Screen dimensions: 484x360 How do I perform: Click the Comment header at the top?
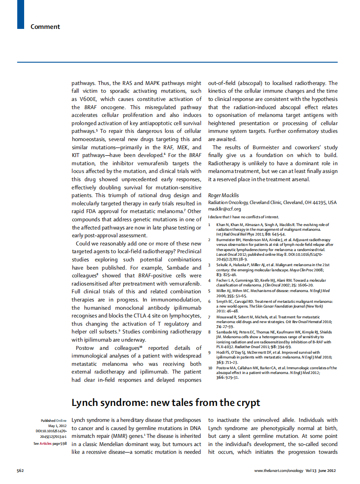tap(45, 27)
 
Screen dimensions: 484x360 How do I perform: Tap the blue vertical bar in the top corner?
tap(20, 14)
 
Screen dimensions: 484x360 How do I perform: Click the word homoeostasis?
tap(93, 139)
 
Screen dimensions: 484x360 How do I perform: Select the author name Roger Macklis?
tap(223, 195)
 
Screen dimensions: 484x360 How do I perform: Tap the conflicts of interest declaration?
tap(243, 217)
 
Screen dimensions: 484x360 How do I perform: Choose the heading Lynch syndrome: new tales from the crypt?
tap(166, 402)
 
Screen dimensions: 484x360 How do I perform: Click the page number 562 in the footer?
tap(20, 471)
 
